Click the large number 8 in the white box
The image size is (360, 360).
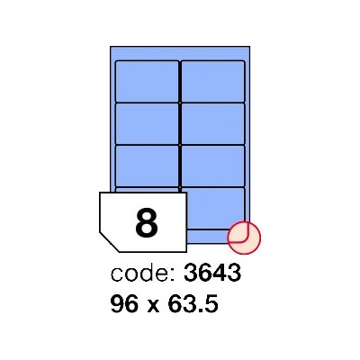(147, 223)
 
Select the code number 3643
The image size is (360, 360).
(212, 273)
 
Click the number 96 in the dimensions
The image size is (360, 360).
(124, 303)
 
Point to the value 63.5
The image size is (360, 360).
(193, 303)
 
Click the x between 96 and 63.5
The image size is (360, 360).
(153, 306)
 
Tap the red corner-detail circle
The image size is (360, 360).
(244, 238)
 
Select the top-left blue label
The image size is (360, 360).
(147, 82)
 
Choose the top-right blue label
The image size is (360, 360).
(213, 82)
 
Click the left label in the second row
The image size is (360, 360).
(147, 123)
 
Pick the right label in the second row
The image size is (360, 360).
(213, 123)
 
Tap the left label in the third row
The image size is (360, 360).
(147, 166)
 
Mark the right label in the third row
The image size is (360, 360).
(213, 166)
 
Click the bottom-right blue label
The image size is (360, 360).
(215, 208)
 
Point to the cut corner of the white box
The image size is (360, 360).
(109, 242)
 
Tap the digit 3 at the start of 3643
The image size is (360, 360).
(191, 273)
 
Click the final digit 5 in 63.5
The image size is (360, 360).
(211, 303)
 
